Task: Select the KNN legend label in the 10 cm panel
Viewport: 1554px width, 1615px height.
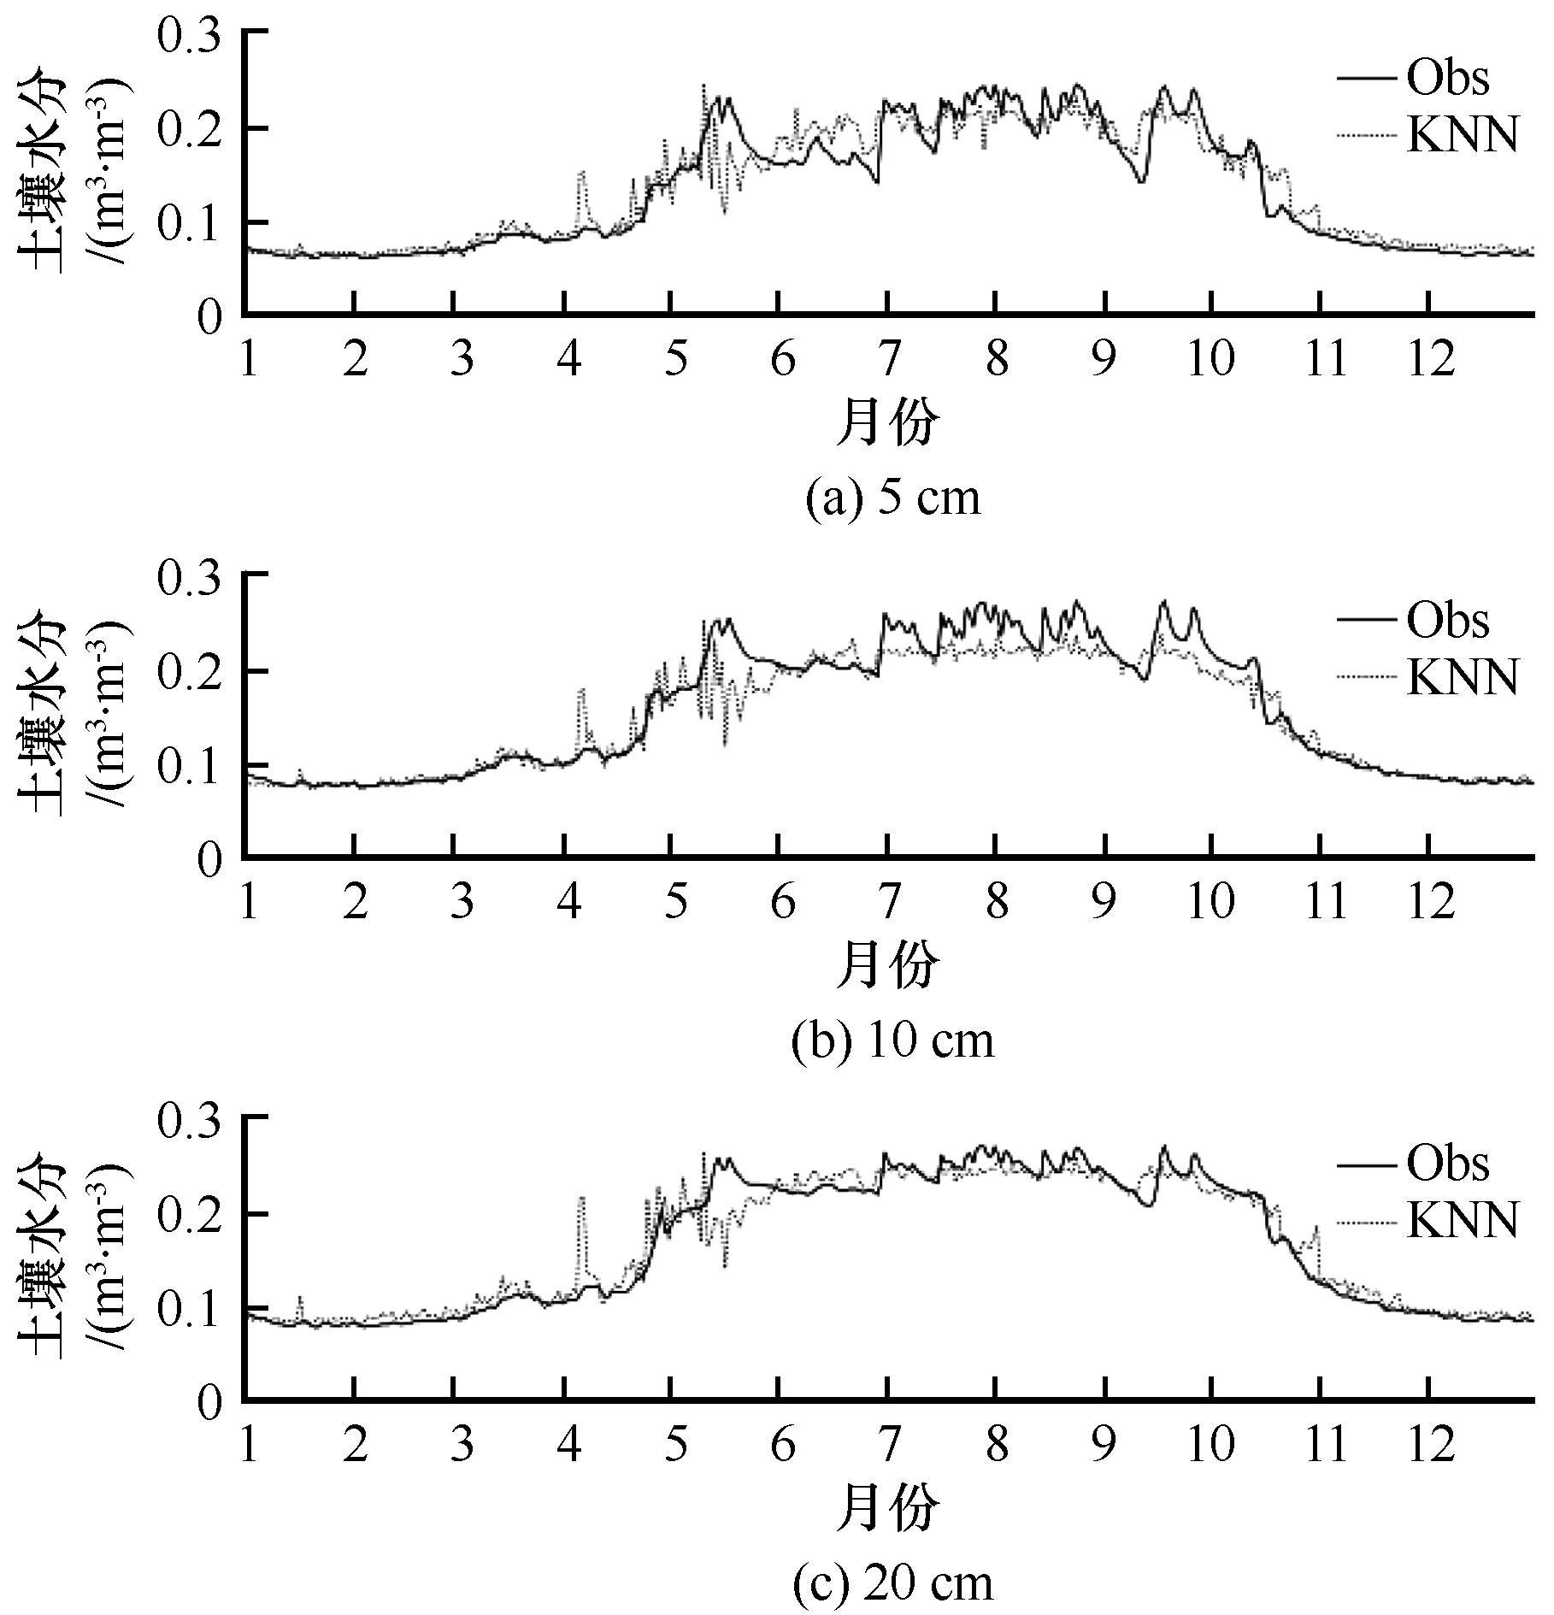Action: click(x=1463, y=678)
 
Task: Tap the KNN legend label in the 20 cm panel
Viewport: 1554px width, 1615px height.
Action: click(x=1463, y=1219)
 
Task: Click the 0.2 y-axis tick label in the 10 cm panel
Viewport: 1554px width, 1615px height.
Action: click(x=189, y=671)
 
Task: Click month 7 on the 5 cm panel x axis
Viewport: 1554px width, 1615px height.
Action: click(x=889, y=360)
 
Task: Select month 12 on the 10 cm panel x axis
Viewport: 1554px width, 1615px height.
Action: click(x=1430, y=903)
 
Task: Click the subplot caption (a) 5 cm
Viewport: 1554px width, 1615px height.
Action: click(x=893, y=498)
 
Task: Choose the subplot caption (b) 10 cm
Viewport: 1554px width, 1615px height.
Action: click(x=893, y=1040)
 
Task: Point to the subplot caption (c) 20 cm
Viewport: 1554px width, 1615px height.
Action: click(x=893, y=1583)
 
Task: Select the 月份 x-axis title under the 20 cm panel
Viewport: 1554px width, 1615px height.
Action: click(x=887, y=1509)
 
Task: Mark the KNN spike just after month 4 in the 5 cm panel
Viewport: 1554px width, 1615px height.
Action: click(x=582, y=173)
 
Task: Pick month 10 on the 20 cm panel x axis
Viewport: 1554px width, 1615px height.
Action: click(x=1211, y=1446)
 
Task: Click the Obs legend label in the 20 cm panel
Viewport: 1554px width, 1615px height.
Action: click(x=1447, y=1164)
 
